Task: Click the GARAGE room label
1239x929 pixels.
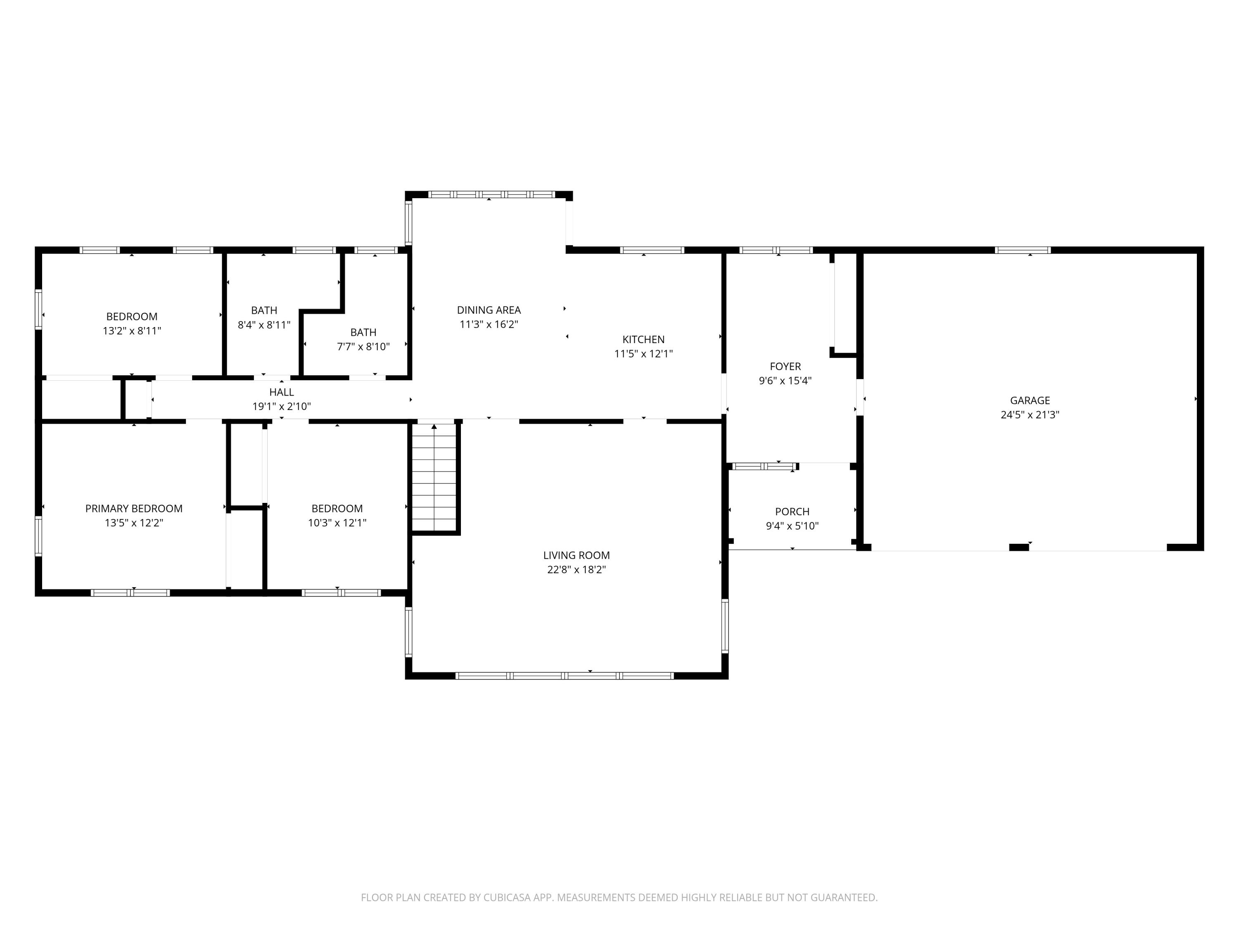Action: click(1030, 401)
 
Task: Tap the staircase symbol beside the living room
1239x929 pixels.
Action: click(434, 477)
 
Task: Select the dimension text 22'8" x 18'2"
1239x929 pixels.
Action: click(577, 569)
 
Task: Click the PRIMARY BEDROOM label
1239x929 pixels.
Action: click(134, 508)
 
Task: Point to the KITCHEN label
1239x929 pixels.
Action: click(643, 339)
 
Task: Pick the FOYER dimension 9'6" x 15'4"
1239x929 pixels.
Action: click(785, 381)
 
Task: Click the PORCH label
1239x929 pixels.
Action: click(792, 511)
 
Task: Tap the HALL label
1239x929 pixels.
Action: click(281, 392)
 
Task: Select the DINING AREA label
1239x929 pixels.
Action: click(489, 310)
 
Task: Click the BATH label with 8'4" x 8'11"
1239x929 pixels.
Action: click(264, 310)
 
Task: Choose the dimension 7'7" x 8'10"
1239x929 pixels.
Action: click(363, 347)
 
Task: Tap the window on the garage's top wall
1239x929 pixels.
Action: click(1022, 250)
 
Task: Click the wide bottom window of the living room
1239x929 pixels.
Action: click(565, 676)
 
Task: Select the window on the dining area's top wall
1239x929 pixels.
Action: click(491, 195)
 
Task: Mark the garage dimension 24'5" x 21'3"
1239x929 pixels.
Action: click(1030, 415)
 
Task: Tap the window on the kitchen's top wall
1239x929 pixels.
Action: click(652, 250)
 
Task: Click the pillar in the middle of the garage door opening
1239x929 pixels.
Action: click(1018, 547)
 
